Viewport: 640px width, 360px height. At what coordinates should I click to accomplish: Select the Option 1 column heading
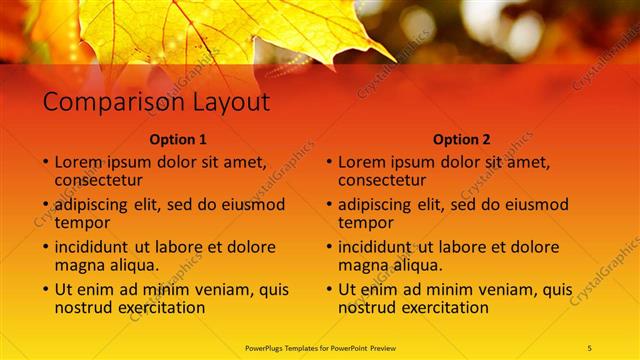(x=178, y=139)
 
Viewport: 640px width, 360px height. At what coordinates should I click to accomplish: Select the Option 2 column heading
(x=462, y=139)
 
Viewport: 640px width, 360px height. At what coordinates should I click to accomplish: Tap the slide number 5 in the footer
(x=589, y=347)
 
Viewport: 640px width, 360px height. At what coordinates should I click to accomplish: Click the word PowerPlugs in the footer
(x=267, y=347)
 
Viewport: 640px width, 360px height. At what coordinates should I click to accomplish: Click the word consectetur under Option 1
(x=98, y=180)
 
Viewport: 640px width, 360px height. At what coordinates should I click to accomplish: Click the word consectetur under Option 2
(x=382, y=180)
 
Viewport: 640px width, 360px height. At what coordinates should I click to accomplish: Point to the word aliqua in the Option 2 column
(x=418, y=265)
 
